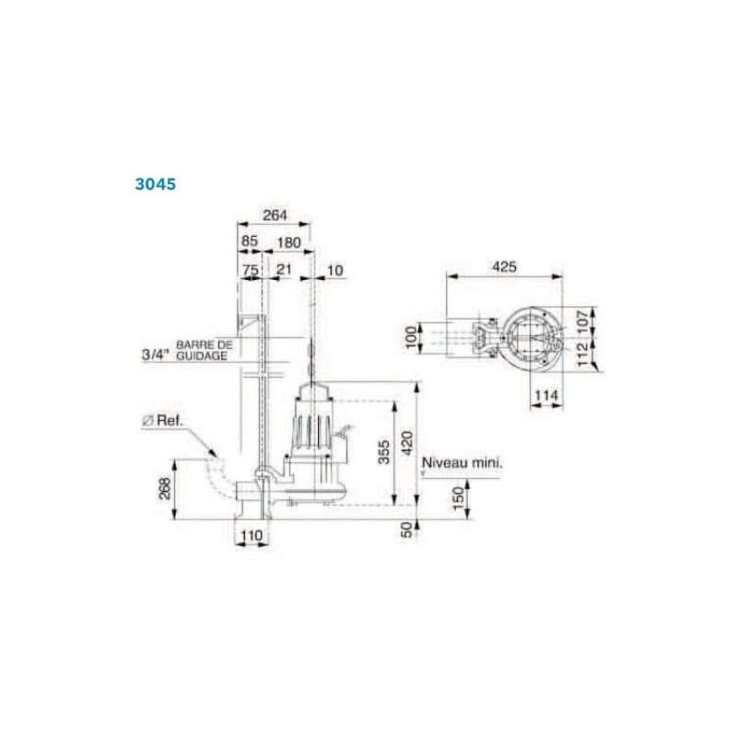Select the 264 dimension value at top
coord(274,216)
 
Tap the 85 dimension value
coord(249,243)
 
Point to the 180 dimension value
coord(288,243)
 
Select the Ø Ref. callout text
coord(162,420)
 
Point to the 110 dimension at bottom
coord(252,535)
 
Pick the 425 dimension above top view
coord(503,267)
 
